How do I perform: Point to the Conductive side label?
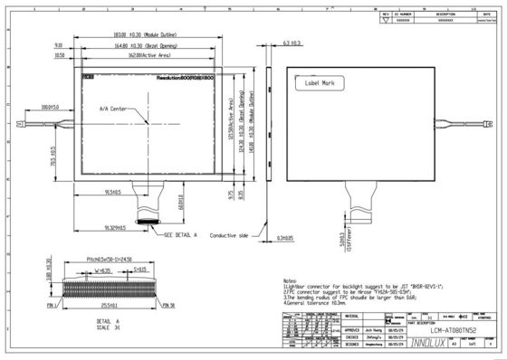(x=229, y=234)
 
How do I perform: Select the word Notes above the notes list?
(x=290, y=280)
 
